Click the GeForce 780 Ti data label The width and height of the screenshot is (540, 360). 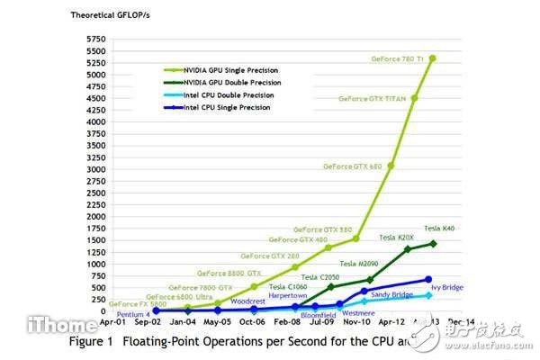coord(399,59)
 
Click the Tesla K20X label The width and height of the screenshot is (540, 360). coord(398,238)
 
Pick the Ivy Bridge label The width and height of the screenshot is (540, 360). coord(448,287)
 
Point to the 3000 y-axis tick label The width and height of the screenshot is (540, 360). coord(94,169)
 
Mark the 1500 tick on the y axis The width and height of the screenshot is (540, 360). coord(94,239)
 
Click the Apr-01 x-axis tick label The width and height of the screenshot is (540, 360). coord(113,320)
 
